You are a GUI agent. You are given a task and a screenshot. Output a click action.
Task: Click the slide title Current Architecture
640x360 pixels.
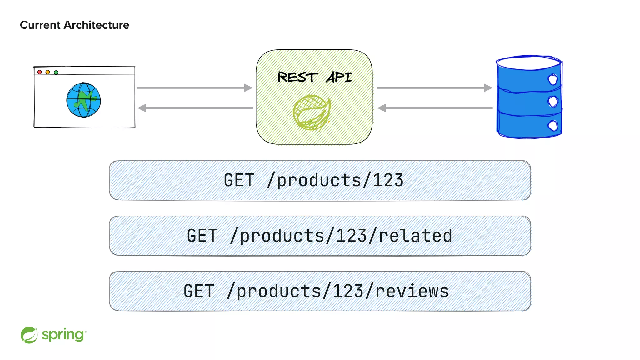pyautogui.click(x=74, y=25)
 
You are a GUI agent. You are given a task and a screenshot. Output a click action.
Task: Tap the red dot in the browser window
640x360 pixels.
pyautogui.click(x=40, y=72)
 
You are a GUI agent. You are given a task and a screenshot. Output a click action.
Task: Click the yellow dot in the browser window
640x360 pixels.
pyautogui.click(x=48, y=72)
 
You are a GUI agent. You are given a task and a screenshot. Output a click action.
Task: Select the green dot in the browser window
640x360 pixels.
pyautogui.click(x=56, y=72)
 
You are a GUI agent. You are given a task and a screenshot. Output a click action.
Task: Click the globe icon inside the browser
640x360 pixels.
pyautogui.click(x=83, y=100)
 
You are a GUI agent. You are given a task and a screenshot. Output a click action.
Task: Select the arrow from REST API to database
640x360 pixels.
pyautogui.click(x=434, y=88)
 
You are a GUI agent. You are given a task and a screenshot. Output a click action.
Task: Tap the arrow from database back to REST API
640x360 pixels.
pyautogui.click(x=434, y=108)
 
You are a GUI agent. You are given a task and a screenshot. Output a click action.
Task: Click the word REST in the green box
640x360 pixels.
pyautogui.click(x=297, y=77)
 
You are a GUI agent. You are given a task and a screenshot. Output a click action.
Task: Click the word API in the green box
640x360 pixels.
pyautogui.click(x=339, y=77)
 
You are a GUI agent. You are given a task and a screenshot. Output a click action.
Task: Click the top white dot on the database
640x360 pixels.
pyautogui.click(x=552, y=79)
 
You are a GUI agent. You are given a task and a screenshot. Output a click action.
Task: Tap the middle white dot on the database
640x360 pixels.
pyautogui.click(x=553, y=101)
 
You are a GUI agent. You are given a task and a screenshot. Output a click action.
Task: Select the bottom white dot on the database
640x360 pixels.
pyautogui.click(x=553, y=126)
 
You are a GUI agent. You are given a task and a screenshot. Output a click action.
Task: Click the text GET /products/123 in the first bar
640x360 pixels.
pyautogui.click(x=313, y=180)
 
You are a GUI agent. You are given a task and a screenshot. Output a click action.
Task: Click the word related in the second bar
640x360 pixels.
pyautogui.click(x=415, y=236)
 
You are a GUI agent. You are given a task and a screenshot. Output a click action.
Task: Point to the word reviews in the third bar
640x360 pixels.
pyautogui.click(x=412, y=291)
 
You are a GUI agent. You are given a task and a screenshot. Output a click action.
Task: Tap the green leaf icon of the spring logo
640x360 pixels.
pyautogui.click(x=29, y=335)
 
